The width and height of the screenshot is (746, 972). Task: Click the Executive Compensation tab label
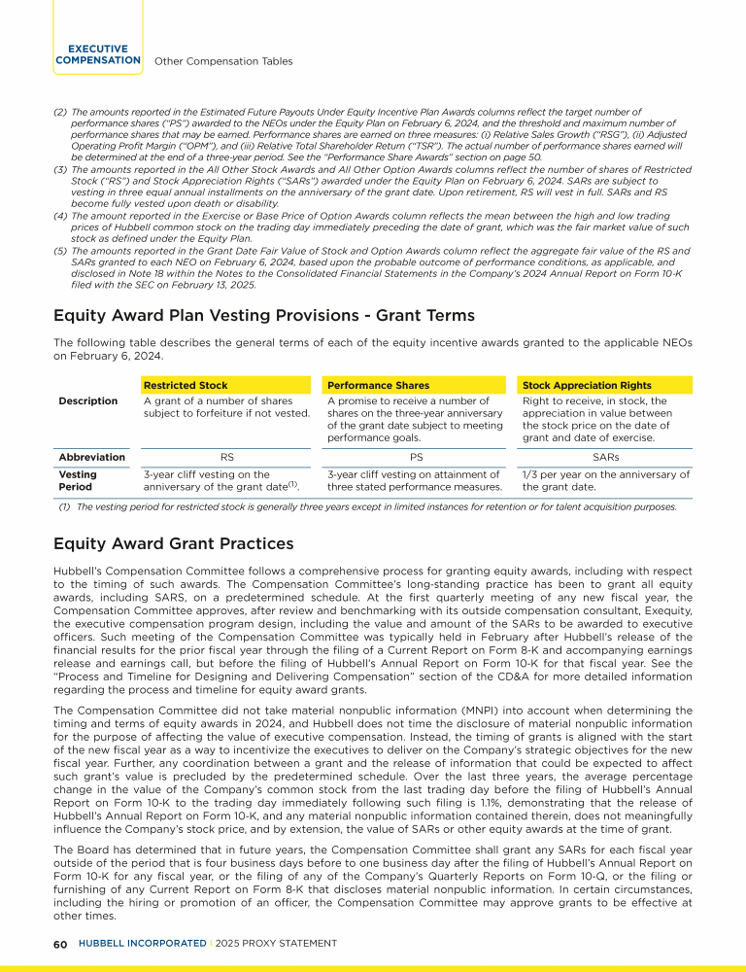(98, 54)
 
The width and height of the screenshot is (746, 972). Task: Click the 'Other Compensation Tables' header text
(223, 61)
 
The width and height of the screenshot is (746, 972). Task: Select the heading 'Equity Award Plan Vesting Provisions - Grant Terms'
(264, 316)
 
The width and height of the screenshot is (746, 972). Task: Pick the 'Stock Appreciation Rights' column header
(587, 386)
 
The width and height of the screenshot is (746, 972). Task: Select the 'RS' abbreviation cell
(227, 457)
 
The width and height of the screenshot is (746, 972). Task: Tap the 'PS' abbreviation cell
(416, 457)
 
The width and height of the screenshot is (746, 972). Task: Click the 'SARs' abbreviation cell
(606, 457)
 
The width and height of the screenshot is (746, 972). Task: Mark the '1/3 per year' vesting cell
(606, 480)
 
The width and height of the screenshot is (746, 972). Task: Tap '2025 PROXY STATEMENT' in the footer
(275, 944)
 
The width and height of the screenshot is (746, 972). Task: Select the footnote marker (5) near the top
(58, 250)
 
